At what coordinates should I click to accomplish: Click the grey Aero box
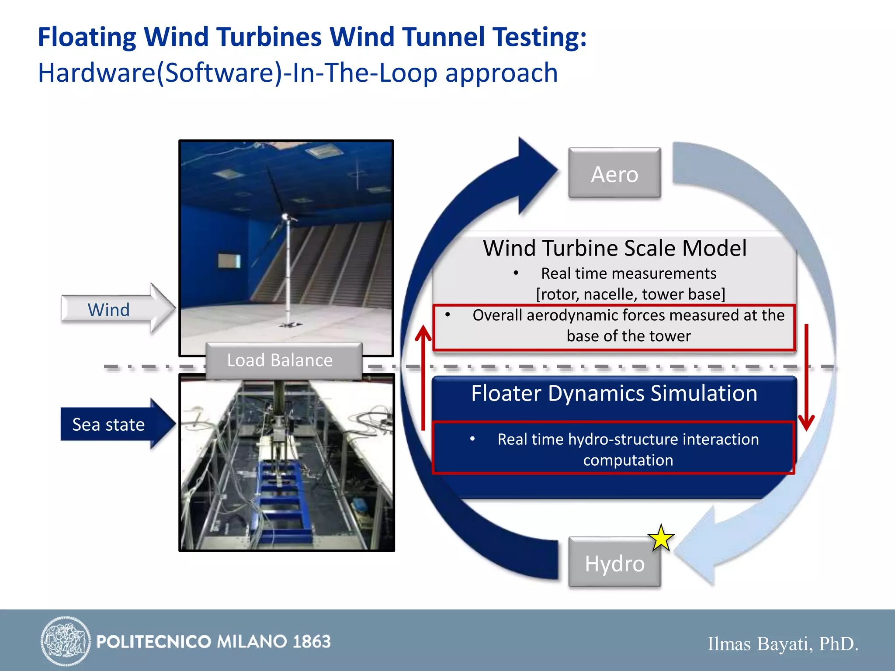pos(614,173)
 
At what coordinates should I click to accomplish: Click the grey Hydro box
pos(614,563)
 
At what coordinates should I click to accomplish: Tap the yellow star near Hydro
pos(661,538)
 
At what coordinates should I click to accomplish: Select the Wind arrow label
pos(109,310)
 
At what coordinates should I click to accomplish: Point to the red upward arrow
pos(423,376)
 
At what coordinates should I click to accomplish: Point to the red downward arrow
pos(806,376)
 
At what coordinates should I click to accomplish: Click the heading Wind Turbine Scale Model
pos(614,248)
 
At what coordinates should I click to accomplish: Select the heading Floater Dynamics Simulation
pos(614,393)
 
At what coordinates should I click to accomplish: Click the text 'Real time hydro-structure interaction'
pos(628,439)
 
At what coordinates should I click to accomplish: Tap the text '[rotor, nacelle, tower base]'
pos(630,294)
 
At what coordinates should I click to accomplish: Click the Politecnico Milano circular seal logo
pos(66,641)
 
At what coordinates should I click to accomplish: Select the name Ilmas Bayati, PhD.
pos(782,643)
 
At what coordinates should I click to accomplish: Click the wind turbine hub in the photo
pos(285,216)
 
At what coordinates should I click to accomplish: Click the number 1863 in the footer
pos(312,641)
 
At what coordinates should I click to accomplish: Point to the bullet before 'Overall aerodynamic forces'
pos(447,315)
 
